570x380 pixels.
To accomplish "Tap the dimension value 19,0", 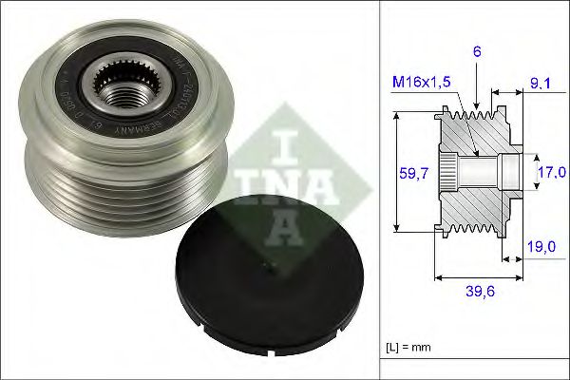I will [541, 246].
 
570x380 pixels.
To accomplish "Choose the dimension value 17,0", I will [551, 173].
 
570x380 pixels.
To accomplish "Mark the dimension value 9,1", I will [542, 84].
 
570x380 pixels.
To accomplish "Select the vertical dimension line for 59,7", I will [397, 173].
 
